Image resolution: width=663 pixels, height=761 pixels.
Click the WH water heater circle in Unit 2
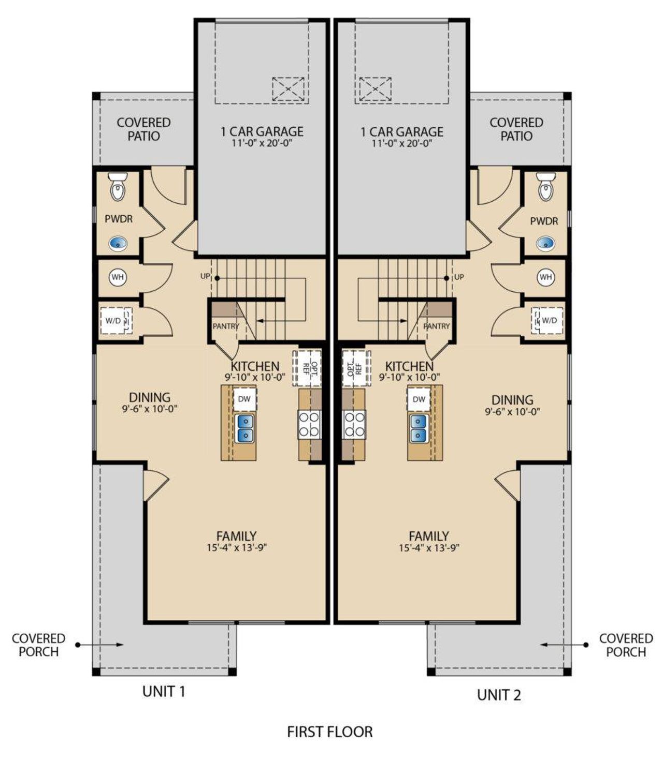546,277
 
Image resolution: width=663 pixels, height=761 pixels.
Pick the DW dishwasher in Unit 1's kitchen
244,399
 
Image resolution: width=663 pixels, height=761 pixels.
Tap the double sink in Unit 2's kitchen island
419,428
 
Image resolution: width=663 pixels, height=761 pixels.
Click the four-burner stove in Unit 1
310,424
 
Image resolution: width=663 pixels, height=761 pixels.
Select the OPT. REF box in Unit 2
356,368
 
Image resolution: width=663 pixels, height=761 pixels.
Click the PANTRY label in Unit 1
225,326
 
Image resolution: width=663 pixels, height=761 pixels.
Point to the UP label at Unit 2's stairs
459,277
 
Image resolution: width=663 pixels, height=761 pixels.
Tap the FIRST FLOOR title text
330,732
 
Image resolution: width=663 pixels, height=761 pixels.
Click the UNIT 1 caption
164,691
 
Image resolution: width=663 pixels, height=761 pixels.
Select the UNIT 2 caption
499,695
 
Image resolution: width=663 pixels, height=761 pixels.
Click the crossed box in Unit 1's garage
288,89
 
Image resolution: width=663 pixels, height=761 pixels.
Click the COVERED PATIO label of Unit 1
143,129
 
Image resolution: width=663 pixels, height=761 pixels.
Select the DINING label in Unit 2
512,400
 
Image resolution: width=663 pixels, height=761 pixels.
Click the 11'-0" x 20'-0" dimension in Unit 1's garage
262,144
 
